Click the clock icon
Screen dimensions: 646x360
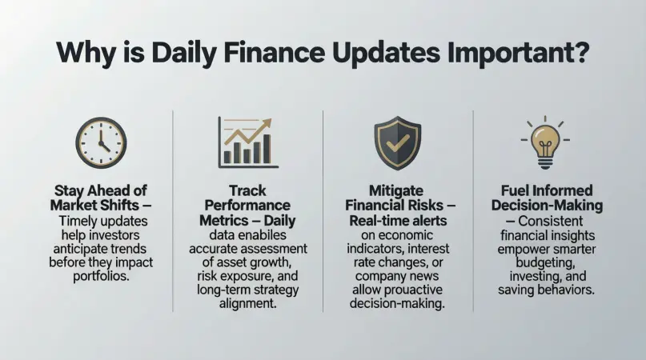click(x=101, y=143)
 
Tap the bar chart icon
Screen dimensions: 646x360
click(x=248, y=142)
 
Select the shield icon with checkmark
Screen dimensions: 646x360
click(x=398, y=143)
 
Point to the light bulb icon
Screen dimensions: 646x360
click(x=545, y=142)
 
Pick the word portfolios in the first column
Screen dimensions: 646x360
click(x=102, y=276)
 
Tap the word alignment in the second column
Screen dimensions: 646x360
click(x=247, y=304)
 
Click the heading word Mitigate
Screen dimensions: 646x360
click(x=396, y=191)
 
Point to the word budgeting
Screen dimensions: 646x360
click(x=545, y=263)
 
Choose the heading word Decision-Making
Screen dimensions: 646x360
click(x=547, y=205)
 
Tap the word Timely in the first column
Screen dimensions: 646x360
click(x=78, y=222)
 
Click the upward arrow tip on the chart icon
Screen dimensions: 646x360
click(x=268, y=122)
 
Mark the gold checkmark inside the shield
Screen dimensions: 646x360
click(x=398, y=142)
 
